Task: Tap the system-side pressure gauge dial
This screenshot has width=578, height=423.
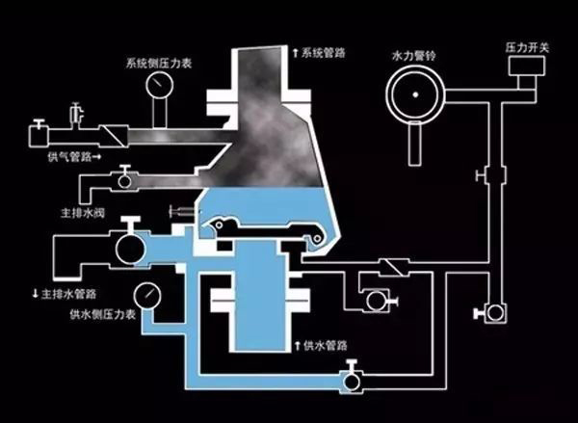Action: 156,88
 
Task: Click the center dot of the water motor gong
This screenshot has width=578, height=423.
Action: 415,95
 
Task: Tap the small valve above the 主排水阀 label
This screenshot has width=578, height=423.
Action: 123,180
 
